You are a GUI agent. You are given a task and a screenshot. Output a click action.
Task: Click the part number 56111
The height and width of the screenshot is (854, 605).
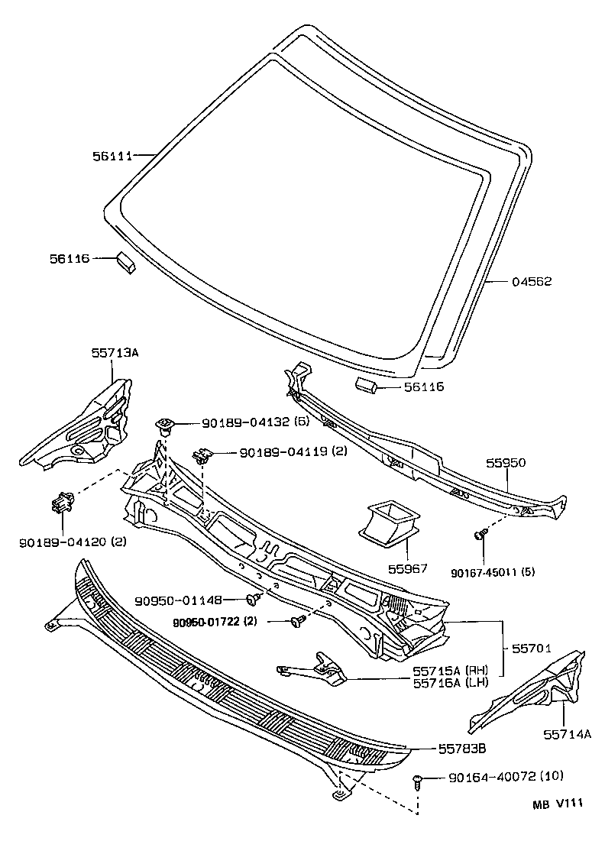[112, 156]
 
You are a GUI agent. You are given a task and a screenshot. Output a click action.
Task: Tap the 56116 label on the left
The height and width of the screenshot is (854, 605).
[71, 259]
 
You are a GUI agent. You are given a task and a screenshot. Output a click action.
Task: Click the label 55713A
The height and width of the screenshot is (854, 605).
[114, 354]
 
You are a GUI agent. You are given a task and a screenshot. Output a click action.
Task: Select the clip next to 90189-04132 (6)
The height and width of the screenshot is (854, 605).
[164, 424]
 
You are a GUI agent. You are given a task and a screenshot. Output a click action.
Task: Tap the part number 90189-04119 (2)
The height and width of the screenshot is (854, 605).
[293, 451]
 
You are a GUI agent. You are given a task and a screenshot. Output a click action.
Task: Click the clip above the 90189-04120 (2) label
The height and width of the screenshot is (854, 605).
[62, 504]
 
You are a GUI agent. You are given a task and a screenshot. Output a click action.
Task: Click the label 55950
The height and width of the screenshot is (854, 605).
[506, 463]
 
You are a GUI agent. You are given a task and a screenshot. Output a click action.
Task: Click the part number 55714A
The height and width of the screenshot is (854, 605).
[568, 734]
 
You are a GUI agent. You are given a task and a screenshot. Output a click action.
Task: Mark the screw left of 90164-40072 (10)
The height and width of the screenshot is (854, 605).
[418, 781]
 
